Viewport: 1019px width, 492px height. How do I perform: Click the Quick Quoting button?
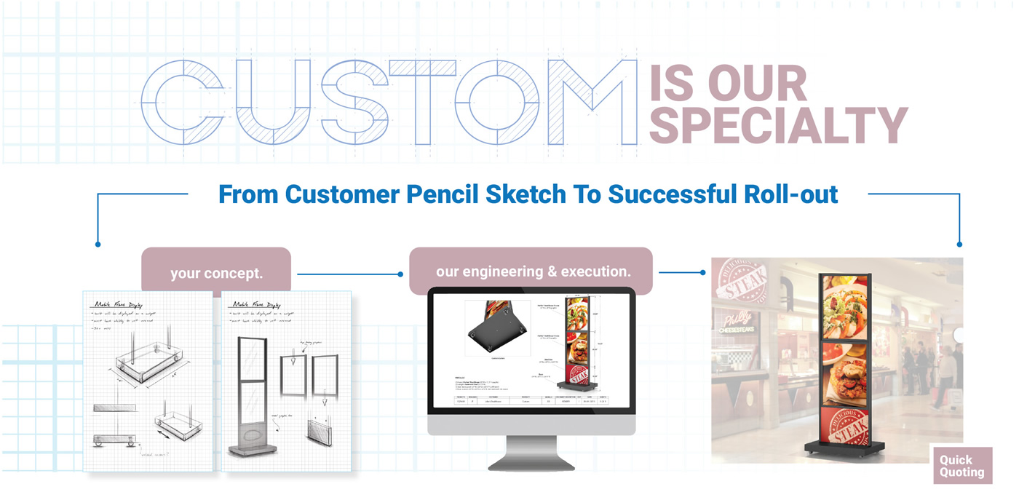coord(962,466)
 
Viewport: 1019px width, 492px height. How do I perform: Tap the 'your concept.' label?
coord(216,274)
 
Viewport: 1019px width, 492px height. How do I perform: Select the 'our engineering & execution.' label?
coord(533,271)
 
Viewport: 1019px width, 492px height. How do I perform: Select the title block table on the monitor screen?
coord(531,400)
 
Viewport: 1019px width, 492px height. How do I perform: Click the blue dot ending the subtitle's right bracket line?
coord(959,245)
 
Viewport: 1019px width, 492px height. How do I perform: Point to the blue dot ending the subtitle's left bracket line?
coord(98,245)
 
